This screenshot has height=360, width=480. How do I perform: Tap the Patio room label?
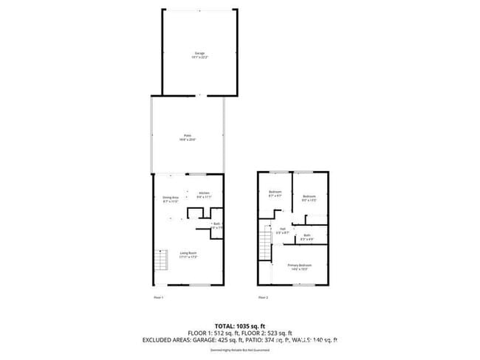[x=188, y=136]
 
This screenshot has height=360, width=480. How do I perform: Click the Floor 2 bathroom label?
[x=306, y=237]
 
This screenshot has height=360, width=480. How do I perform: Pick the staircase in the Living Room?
[x=159, y=261]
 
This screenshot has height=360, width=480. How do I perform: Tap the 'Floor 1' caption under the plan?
[x=158, y=297]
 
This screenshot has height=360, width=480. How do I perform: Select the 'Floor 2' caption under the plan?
[x=263, y=297]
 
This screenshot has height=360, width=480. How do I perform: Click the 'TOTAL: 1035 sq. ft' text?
[x=240, y=325]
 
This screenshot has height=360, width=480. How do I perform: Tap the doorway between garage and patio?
[x=199, y=95]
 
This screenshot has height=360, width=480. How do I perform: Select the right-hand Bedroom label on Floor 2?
[x=309, y=198]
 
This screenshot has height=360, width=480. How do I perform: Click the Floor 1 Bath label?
[x=216, y=226]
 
